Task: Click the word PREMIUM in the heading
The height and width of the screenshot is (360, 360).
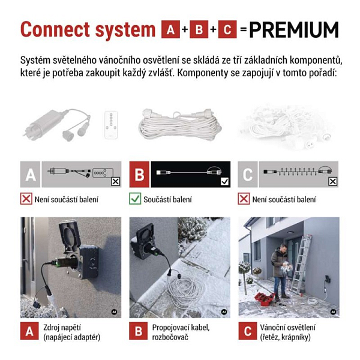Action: click(293, 29)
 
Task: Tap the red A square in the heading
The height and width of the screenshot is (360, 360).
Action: click(170, 29)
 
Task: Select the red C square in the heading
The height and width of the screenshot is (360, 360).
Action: click(227, 29)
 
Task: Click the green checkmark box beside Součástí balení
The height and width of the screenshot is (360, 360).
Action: click(135, 199)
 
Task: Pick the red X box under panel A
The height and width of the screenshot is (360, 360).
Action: click(26, 199)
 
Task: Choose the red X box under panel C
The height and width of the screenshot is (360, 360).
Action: click(244, 199)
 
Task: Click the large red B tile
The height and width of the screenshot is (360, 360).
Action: click(139, 174)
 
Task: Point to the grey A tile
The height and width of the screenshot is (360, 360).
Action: click(30, 174)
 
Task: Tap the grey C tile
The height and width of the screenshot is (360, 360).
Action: click(248, 174)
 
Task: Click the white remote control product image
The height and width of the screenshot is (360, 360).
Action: click(111, 125)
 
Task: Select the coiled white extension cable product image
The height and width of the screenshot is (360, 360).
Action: click(180, 124)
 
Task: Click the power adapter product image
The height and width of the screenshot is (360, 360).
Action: click(56, 125)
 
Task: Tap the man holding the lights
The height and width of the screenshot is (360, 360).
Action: click(280, 272)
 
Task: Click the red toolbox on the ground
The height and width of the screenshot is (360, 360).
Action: click(265, 299)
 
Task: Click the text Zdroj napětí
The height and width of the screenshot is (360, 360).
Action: click(62, 328)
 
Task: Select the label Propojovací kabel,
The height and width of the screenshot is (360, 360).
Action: click(181, 328)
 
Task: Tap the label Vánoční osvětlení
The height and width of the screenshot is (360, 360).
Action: click(287, 328)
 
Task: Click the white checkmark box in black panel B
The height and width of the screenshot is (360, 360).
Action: click(224, 182)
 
